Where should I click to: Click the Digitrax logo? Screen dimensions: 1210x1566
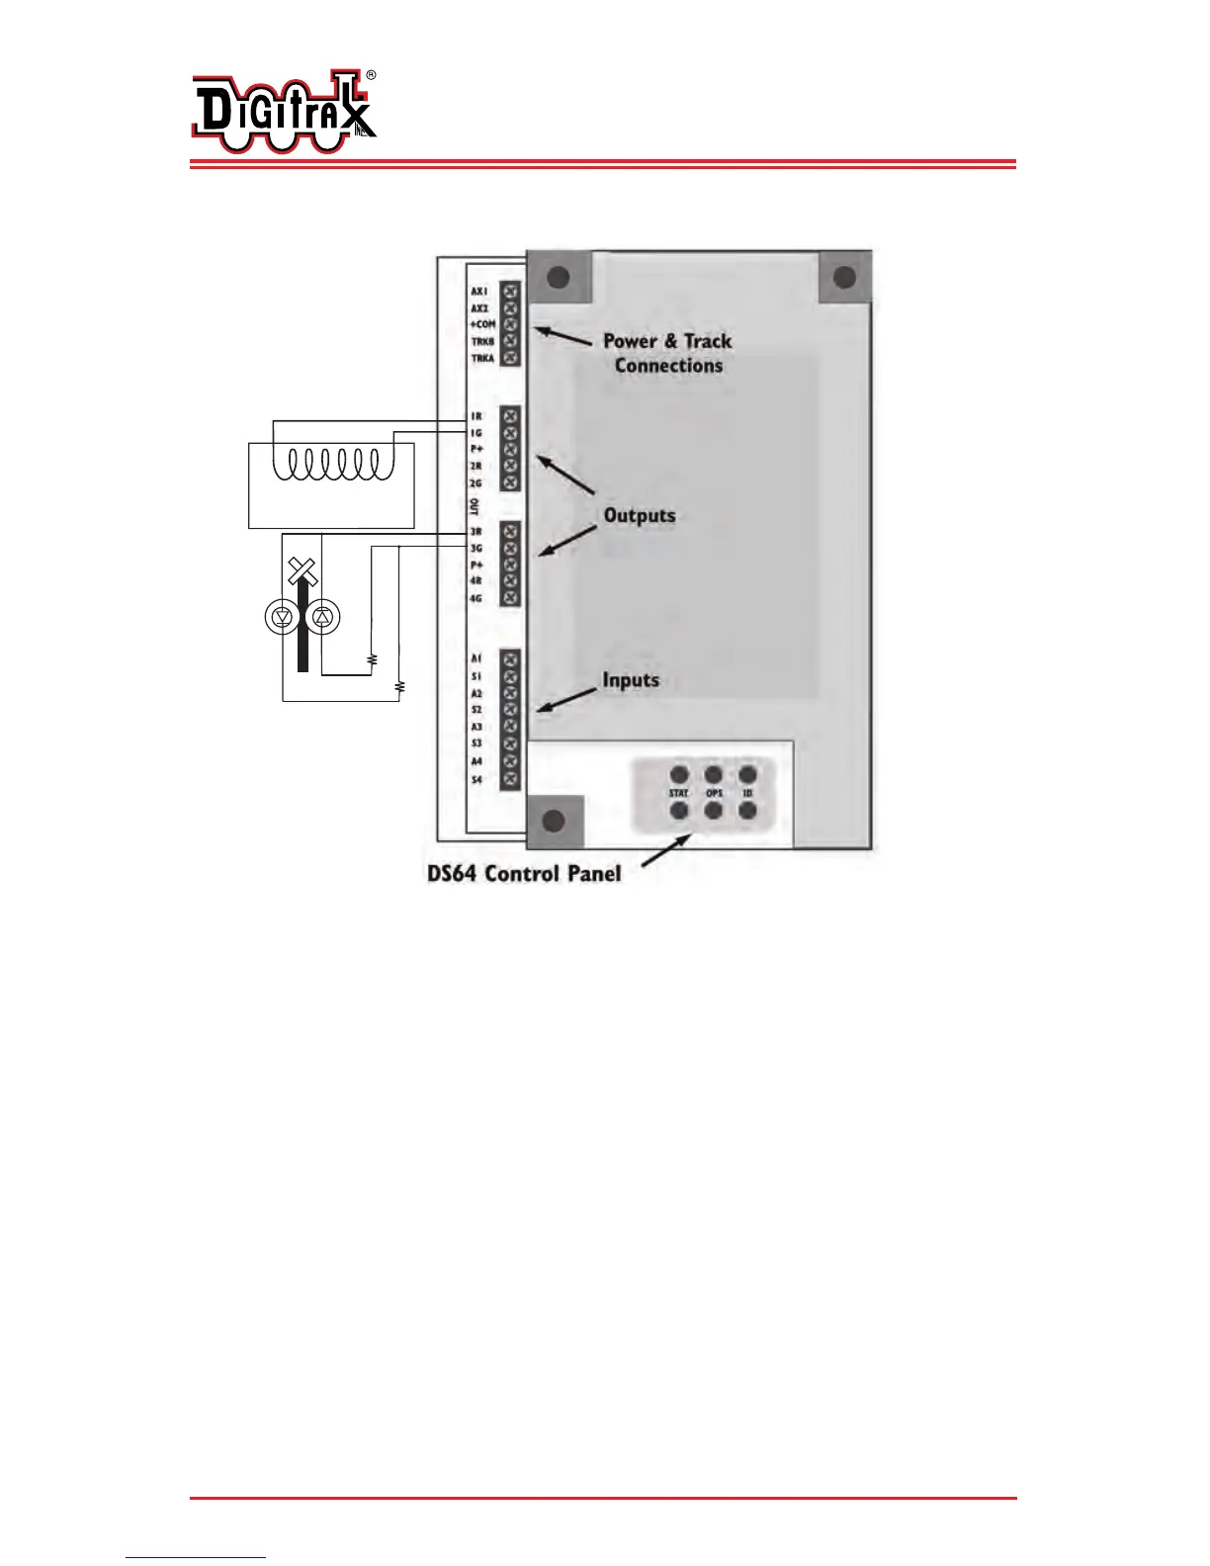284,115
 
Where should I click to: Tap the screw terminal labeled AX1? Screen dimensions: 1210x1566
510,292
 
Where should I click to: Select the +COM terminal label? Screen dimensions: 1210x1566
482,324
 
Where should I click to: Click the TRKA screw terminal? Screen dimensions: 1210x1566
510,358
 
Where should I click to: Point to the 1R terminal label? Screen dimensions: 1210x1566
476,416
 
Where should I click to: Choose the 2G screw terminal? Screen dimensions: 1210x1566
510,482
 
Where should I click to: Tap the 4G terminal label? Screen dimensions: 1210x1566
476,598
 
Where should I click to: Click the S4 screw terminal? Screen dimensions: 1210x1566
510,780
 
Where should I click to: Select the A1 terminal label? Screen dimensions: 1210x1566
476,658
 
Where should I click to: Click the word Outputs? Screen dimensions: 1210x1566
640,515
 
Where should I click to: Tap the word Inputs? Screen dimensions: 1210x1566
631,680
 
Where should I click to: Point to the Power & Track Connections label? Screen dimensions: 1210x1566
668,353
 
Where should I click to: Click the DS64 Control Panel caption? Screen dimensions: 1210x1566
524,874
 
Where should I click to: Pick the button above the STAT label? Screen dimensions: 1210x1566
679,775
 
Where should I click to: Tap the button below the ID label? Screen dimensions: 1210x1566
747,811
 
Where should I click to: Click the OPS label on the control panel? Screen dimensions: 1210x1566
714,793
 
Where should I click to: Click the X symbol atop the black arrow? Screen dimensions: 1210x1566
302,569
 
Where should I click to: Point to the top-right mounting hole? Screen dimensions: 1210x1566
844,278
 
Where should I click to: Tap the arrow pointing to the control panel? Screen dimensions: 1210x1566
667,852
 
